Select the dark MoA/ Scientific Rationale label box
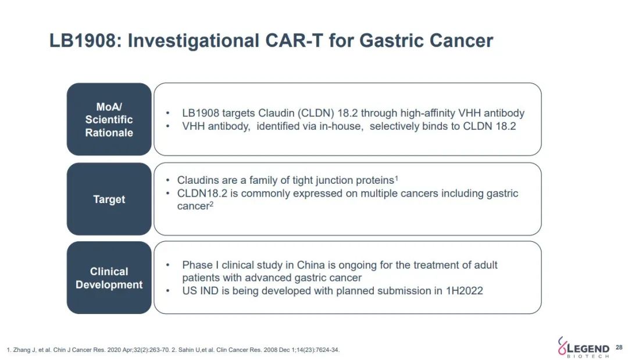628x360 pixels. (109, 119)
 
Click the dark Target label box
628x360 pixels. (109, 199)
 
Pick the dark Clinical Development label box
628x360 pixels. (109, 277)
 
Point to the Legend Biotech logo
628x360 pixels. (584, 347)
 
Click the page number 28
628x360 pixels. (619, 348)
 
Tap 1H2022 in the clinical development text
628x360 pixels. (464, 291)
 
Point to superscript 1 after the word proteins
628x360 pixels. (397, 178)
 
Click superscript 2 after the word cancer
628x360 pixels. (212, 204)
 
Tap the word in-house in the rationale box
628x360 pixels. (341, 127)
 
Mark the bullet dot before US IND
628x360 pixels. (168, 291)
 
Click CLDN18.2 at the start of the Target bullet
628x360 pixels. (202, 194)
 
